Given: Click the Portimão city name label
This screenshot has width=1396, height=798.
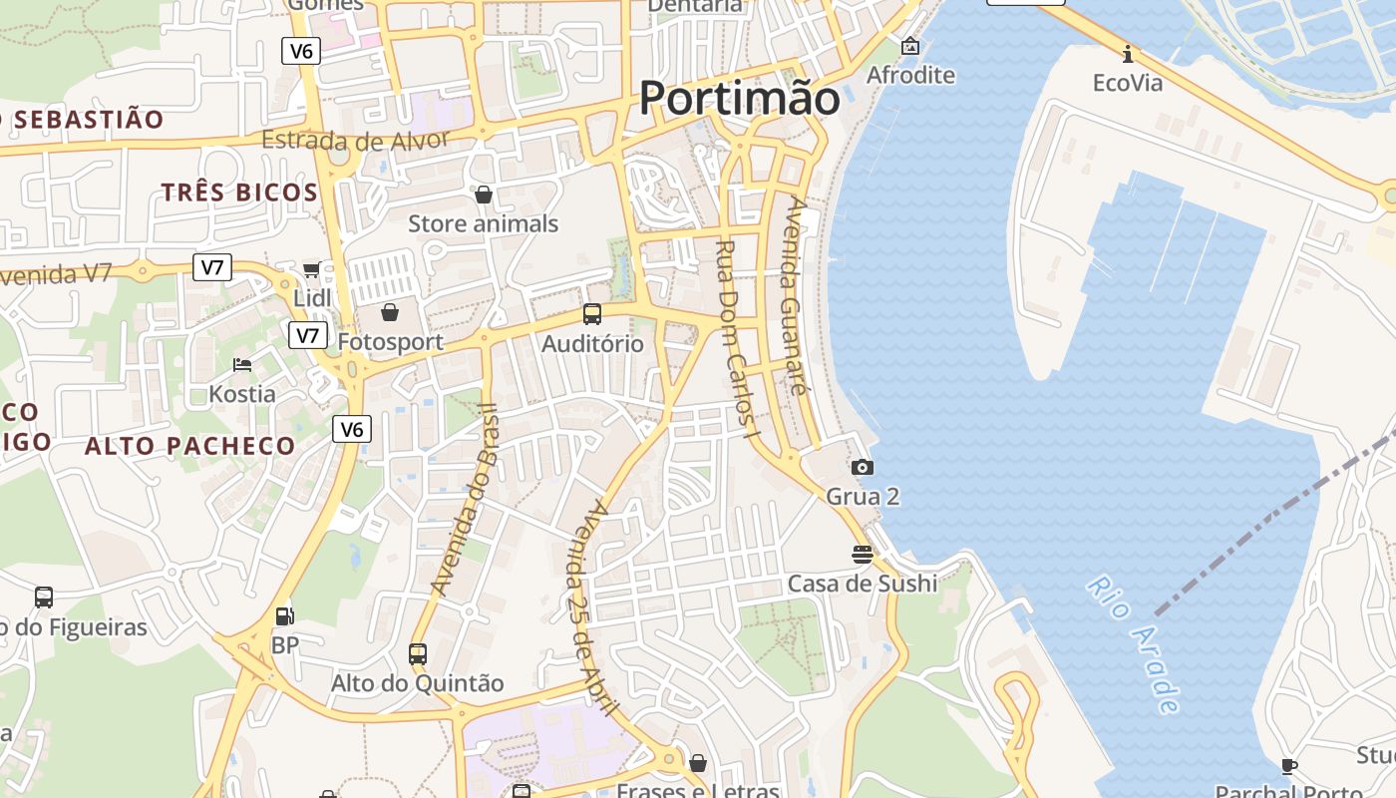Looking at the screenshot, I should click(739, 98).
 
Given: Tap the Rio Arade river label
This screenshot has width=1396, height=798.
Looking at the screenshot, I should click(1135, 643).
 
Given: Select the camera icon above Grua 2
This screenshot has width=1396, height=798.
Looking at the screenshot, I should click(863, 467).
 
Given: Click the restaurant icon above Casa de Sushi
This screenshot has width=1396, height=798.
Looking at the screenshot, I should click(863, 554).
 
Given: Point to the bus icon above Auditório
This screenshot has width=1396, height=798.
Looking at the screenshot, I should click(592, 314).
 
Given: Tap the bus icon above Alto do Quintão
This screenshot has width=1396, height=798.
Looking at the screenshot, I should click(417, 654).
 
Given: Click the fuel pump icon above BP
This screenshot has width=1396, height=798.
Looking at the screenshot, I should click(285, 616).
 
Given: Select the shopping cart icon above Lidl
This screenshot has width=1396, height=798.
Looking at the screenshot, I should click(311, 269).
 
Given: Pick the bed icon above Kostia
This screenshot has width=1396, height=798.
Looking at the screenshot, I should click(242, 365).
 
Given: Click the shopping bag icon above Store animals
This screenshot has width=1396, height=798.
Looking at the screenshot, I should click(484, 195).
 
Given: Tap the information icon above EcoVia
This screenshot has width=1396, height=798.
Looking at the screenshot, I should click(1128, 53).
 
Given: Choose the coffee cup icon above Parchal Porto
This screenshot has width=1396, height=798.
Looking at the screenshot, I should click(1288, 766).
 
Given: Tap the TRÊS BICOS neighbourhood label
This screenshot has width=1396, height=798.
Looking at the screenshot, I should click(239, 193).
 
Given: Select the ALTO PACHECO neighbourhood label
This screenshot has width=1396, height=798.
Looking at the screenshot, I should click(189, 446).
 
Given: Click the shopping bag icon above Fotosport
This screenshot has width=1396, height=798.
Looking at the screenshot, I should click(390, 312).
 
